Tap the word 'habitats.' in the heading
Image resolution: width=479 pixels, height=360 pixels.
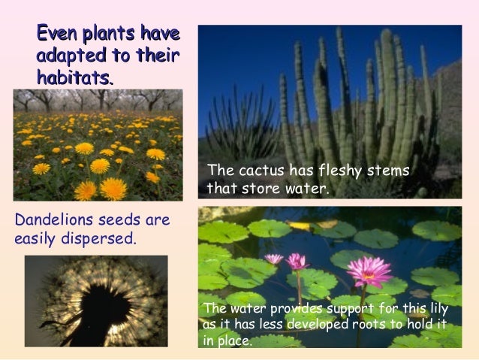(75, 76)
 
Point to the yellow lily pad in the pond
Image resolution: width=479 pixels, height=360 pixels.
(300, 225)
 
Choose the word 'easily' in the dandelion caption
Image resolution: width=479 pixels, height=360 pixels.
(36, 240)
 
